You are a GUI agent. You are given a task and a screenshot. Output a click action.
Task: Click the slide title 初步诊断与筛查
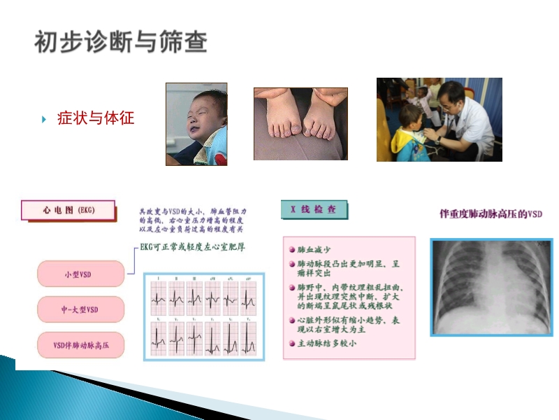tap(120, 43)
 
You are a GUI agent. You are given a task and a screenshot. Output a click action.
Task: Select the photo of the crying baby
tap(196, 124)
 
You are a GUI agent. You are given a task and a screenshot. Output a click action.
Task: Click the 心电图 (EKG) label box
tap(68, 210)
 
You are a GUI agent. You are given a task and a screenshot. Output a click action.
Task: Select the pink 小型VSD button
tap(80, 274)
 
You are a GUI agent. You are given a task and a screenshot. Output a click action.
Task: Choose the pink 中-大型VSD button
tap(80, 309)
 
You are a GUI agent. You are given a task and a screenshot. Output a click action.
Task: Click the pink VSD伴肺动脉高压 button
tap(80, 344)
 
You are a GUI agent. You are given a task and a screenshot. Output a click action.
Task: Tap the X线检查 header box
tap(314, 209)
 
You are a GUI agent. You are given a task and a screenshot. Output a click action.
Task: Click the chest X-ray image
tap(491, 287)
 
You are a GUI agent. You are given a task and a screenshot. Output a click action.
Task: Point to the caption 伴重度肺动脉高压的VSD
tap(491, 213)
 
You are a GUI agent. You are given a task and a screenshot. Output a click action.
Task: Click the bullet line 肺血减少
tap(314, 249)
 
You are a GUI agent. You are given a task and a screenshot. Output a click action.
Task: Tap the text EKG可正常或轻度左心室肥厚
tap(192, 247)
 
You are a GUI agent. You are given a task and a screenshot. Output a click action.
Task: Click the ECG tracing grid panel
tap(204, 316)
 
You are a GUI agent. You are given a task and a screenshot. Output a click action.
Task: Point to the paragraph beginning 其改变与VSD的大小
tap(192, 220)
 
